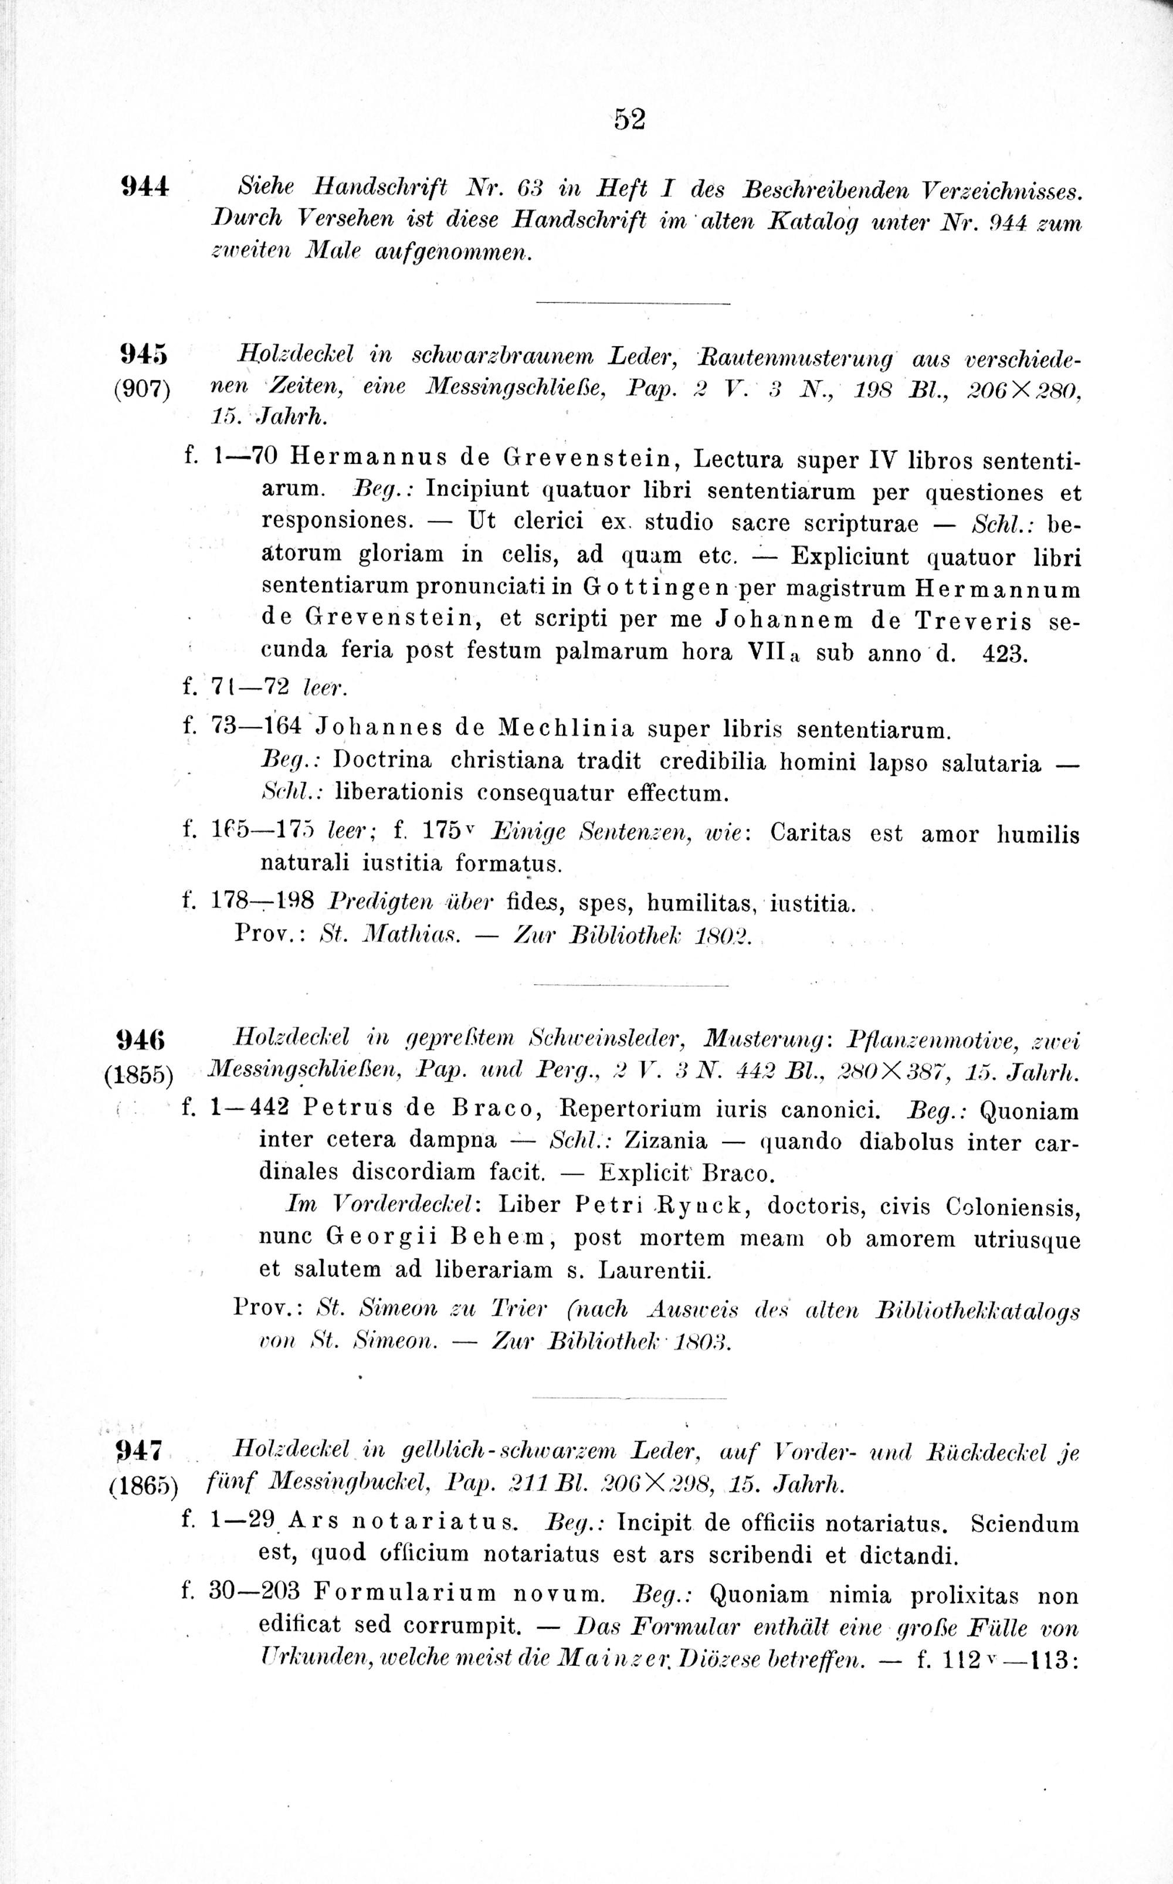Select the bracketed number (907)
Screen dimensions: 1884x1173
[x=142, y=387]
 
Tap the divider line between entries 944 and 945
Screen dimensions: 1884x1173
[x=633, y=303]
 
